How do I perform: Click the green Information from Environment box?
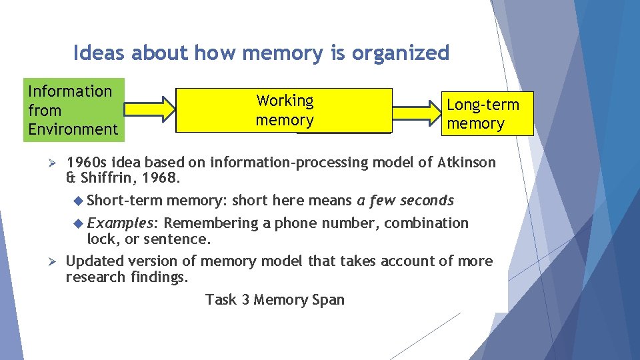tap(73, 110)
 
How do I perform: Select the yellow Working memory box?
tap(285, 111)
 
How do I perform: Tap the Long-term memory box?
tap(487, 113)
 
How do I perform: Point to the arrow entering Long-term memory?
tap(417, 110)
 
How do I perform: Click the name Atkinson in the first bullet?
tap(467, 162)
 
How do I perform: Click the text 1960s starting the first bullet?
tap(86, 162)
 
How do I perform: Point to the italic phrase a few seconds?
tap(405, 200)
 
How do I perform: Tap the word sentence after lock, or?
tap(184, 239)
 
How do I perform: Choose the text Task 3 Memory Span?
tap(275, 299)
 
